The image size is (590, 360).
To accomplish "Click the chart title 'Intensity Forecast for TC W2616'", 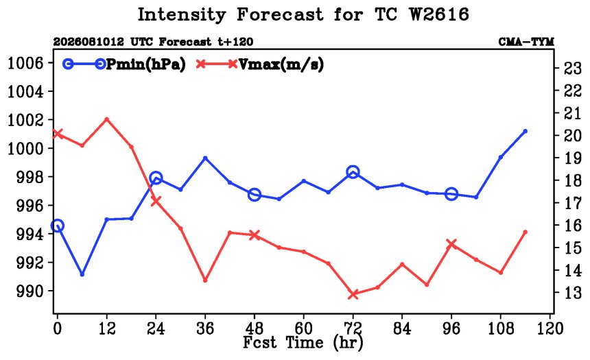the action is click(x=303, y=14).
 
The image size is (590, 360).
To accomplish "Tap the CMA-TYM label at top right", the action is click(x=526, y=41).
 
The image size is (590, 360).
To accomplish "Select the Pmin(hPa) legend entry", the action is click(x=124, y=64).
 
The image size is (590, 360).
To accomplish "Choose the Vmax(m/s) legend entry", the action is click(x=260, y=64).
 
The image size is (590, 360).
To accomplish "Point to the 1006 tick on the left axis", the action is click(x=25, y=63).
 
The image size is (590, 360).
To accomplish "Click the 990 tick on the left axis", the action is click(x=29, y=291).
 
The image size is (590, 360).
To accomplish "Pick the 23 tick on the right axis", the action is click(x=572, y=68).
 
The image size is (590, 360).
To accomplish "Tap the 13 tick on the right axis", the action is click(x=572, y=292).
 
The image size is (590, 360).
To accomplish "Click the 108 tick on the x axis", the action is click(x=501, y=328).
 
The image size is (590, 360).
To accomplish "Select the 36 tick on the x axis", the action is click(x=205, y=328).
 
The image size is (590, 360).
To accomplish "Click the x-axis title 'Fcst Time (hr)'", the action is click(x=303, y=343).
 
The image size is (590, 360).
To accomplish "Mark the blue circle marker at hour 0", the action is click(x=57, y=226).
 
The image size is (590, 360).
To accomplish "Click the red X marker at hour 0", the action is click(x=57, y=134).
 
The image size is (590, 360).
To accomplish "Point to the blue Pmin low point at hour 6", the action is click(x=82, y=274).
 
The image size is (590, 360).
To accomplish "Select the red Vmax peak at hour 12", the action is click(x=106, y=119).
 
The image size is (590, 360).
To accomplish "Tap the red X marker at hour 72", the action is click(x=353, y=295).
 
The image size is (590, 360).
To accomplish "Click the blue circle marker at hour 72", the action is click(x=353, y=172).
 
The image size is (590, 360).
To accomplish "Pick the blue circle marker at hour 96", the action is click(x=451, y=194).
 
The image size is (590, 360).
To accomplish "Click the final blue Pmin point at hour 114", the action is click(x=526, y=131).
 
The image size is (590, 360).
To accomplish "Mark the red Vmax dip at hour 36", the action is click(x=205, y=280).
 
